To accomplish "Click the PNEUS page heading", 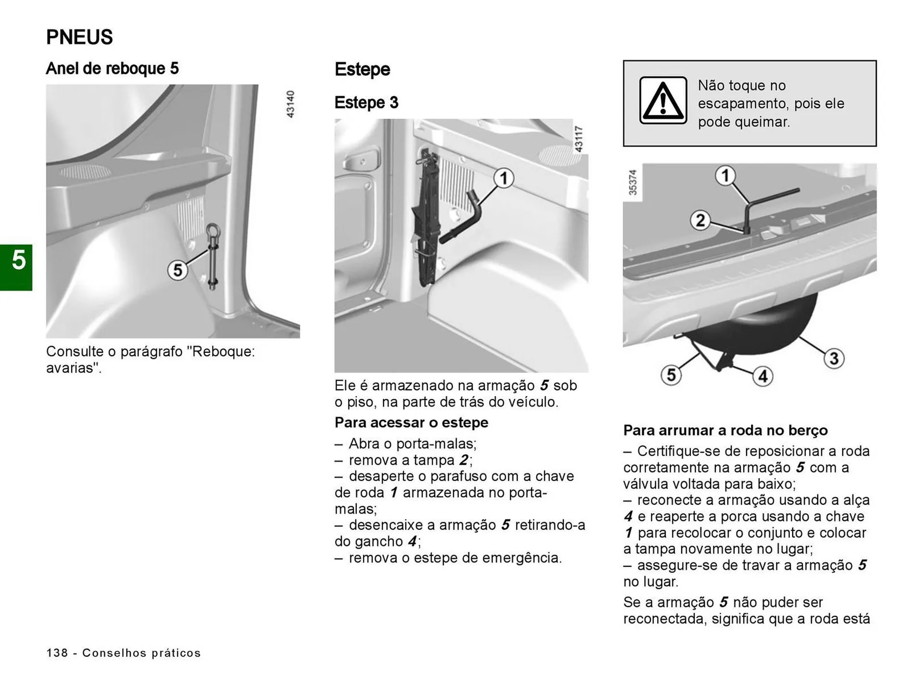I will (79, 37).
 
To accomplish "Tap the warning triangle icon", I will (663, 100).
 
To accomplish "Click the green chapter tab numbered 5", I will (17, 267).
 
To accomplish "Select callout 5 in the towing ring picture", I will (177, 270).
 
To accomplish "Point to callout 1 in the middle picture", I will (503, 179).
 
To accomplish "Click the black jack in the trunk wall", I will (426, 216).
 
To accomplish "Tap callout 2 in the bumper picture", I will (700, 220).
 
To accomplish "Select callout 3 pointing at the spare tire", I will (834, 358).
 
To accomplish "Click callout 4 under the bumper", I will (762, 376).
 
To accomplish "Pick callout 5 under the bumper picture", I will (671, 375).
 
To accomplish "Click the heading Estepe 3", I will (366, 103).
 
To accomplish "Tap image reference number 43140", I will (290, 104).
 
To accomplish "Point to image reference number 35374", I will (633, 182).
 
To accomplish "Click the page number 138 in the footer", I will (57, 653).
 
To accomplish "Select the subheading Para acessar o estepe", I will (411, 422).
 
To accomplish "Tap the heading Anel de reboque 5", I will (112, 69).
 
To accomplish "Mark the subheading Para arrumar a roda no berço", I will (725, 430).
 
